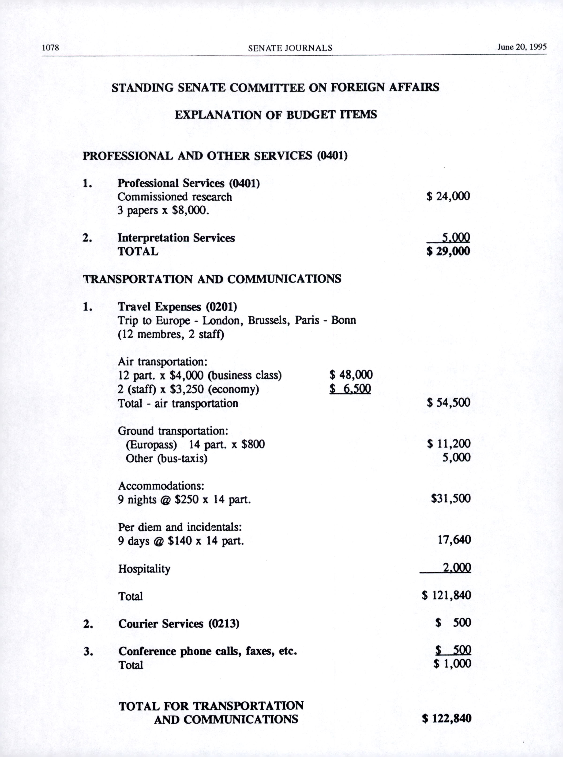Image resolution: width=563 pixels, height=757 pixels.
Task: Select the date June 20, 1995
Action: click(522, 47)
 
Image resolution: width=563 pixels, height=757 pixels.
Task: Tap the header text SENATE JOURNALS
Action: click(290, 48)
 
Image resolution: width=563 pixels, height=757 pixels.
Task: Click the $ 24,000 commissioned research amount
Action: click(448, 196)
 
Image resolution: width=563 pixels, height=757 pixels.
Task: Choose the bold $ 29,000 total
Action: click(448, 251)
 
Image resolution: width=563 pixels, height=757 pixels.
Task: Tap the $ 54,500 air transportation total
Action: click(448, 402)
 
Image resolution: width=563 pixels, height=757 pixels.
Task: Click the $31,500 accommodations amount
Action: click(450, 498)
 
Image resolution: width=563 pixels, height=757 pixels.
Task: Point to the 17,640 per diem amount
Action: click(454, 540)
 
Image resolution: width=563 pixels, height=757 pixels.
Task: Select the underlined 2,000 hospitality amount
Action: click(457, 567)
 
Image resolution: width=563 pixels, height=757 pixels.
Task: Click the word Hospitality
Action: click(144, 569)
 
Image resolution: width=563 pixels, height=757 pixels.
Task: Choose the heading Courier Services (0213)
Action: click(179, 624)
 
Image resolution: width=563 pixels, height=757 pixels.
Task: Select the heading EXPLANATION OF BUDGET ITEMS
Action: click(276, 114)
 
